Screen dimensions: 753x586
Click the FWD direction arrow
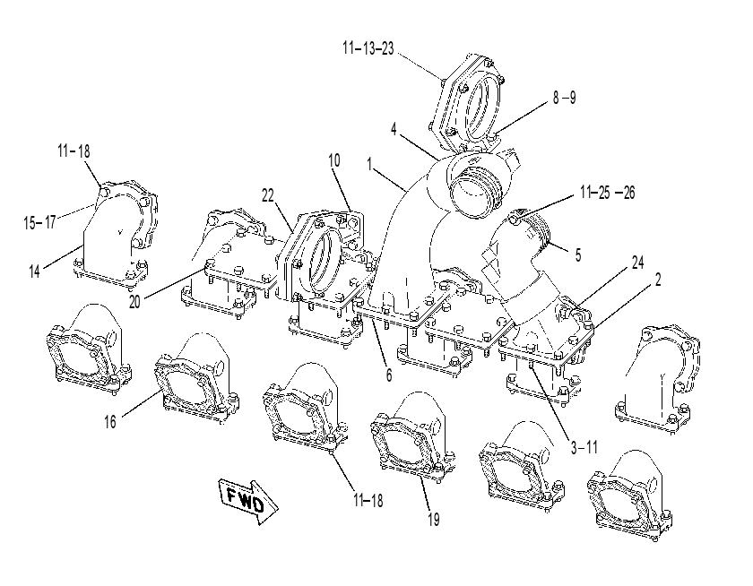tap(247, 501)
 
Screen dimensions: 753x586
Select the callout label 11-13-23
tap(368, 48)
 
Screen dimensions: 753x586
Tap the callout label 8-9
tap(564, 98)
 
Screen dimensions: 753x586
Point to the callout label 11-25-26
tap(607, 193)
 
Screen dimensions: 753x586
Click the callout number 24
tap(637, 263)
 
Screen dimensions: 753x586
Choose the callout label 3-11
tap(584, 447)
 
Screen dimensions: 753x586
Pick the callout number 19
tap(433, 519)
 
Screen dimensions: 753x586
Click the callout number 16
tap(110, 421)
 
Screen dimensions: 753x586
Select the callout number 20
tap(134, 302)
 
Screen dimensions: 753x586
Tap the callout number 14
tap(34, 271)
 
